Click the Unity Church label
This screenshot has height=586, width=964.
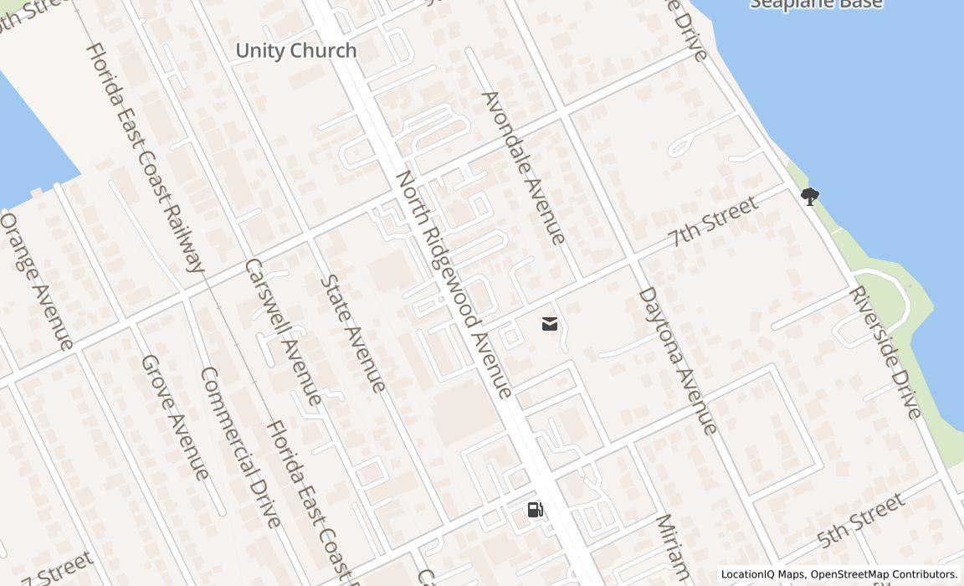[x=296, y=50]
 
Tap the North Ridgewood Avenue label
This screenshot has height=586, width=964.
[x=453, y=285]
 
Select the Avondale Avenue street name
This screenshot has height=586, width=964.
[x=524, y=167]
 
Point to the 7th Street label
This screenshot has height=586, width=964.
[x=713, y=222]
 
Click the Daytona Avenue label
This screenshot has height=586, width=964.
[x=678, y=361]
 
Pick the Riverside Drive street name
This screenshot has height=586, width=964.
[x=885, y=352]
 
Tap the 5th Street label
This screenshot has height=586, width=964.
[x=861, y=520]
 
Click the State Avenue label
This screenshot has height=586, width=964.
[x=354, y=333]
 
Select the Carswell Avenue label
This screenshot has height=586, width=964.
[x=283, y=332]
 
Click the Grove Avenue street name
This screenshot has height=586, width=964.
[x=174, y=417]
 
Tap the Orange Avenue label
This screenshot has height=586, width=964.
[x=37, y=280]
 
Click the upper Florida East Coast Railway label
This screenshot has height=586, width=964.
[x=146, y=157]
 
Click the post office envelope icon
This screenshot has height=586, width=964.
[x=550, y=324]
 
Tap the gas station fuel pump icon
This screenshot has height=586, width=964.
[x=536, y=509]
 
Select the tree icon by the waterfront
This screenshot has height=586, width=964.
[x=809, y=197]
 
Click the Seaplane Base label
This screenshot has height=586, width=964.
[x=815, y=4]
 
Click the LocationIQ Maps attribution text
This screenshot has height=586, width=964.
[x=762, y=574]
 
